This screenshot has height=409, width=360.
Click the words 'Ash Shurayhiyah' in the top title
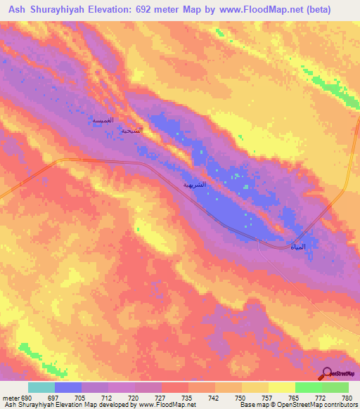[x=60, y=9]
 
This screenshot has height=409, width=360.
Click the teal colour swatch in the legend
[x=41, y=387]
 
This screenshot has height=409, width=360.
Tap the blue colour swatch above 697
[x=68, y=387]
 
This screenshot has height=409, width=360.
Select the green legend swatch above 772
[x=308, y=387]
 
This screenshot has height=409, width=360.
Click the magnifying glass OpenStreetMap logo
[x=326, y=373]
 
